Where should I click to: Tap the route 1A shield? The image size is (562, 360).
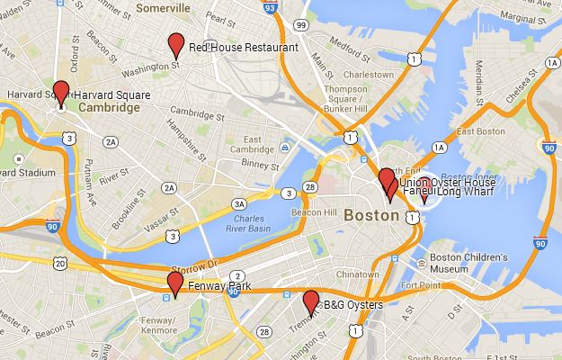click(439, 148)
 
